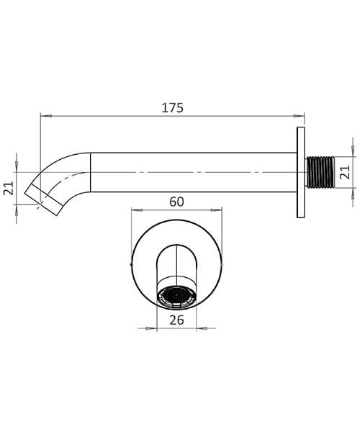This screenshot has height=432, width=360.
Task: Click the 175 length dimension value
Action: point(173,108)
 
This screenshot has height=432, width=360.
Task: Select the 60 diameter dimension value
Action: point(176,202)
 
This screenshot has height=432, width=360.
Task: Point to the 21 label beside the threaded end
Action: point(344,172)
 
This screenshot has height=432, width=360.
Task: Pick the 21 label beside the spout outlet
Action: point(9,189)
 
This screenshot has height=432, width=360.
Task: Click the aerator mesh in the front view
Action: point(176,295)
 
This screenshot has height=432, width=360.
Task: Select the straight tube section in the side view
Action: point(191,172)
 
